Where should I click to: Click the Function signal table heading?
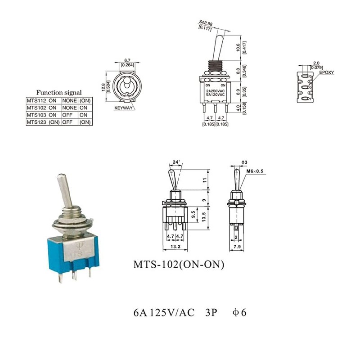pos(58,90)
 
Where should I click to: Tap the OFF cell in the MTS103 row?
pos(67,115)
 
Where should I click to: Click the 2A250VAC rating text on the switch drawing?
pos(215,91)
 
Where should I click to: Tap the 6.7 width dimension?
pos(127,60)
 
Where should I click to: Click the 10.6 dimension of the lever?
pos(238,48)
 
